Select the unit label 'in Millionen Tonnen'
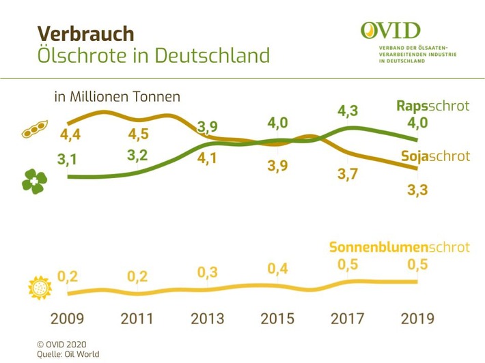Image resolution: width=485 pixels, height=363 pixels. coord(117,97)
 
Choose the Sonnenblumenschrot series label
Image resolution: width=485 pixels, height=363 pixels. coord(400,247)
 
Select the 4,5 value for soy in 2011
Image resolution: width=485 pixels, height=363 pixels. coord(138,130)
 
